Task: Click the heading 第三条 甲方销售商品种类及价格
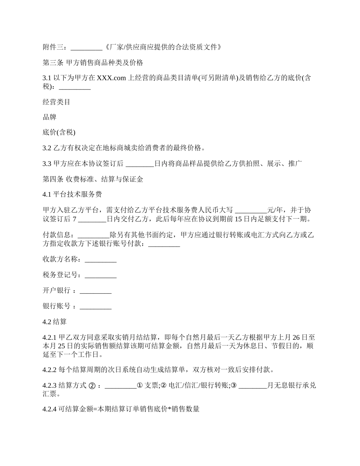click(x=92, y=63)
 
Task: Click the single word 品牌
click(x=50, y=117)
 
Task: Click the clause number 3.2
click(x=47, y=148)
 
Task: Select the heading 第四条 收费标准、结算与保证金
click(x=92, y=179)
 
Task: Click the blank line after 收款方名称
click(x=100, y=260)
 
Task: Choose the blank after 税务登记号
click(x=100, y=275)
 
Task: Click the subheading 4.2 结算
click(x=55, y=322)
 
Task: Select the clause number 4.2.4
click(x=49, y=409)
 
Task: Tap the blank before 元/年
click(x=251, y=210)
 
